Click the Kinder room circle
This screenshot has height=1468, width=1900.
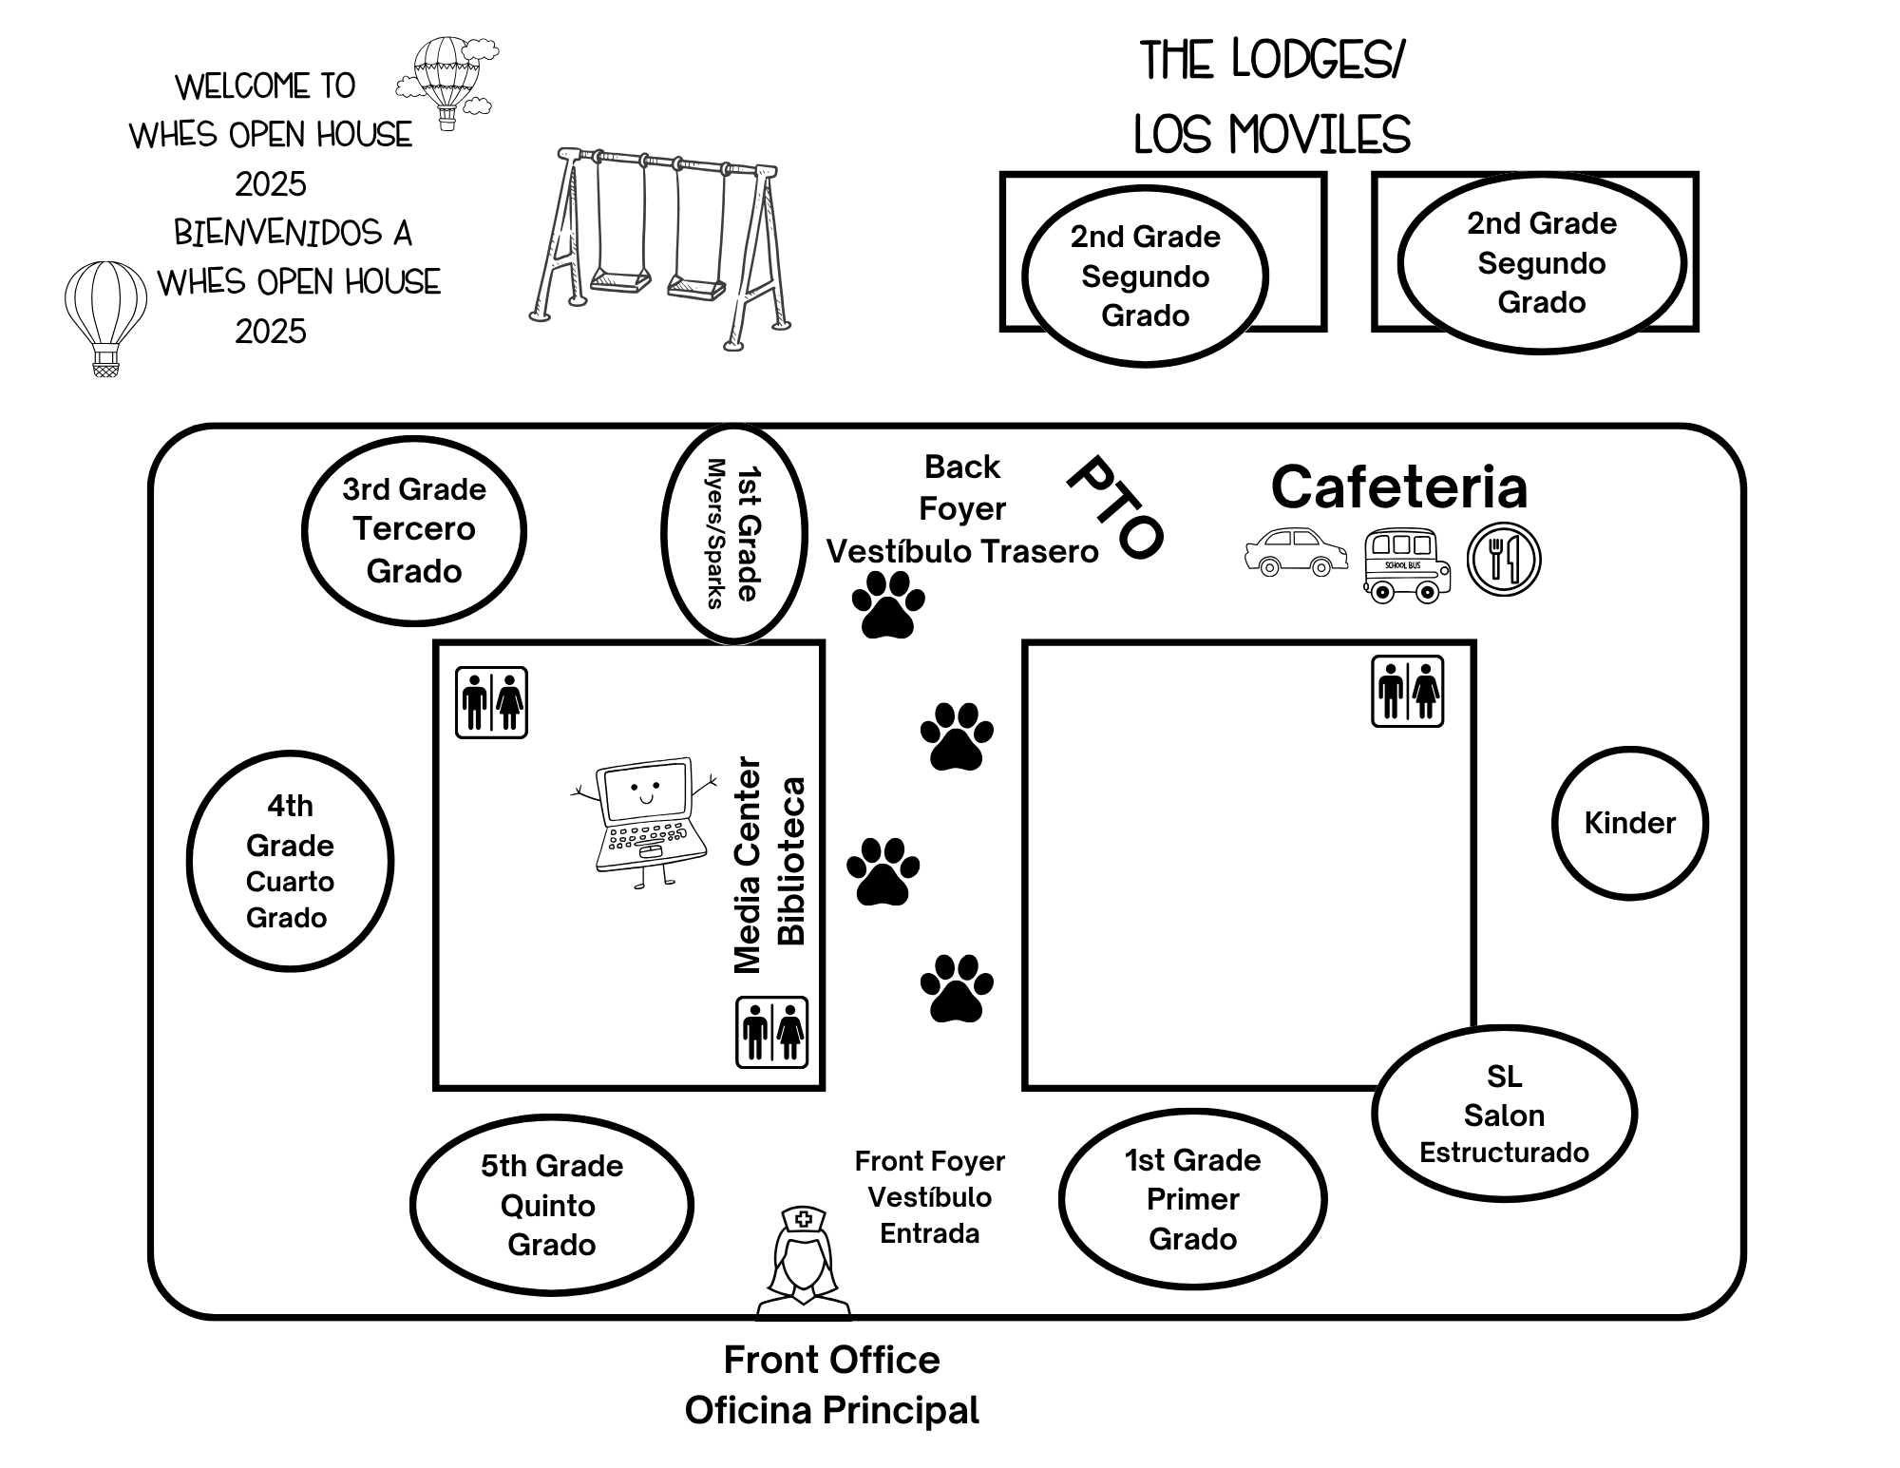(1629, 823)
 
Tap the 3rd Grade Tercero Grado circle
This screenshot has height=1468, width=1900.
(414, 530)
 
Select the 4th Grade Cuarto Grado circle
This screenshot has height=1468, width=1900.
(290, 861)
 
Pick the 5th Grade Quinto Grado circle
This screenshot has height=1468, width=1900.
(551, 1205)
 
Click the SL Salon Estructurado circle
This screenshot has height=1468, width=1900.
(1504, 1114)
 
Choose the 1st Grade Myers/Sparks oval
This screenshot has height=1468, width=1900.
(733, 534)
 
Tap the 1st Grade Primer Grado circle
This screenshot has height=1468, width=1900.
(1192, 1199)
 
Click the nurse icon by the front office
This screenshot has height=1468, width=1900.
(804, 1264)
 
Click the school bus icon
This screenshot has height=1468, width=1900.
(1407, 565)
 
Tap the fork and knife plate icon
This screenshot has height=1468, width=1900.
(1503, 560)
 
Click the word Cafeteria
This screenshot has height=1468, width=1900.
(1398, 487)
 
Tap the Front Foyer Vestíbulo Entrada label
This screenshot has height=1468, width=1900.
(929, 1197)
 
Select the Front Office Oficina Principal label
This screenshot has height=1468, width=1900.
(831, 1385)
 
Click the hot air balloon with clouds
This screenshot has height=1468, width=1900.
(448, 80)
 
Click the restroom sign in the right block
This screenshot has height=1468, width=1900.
(1407, 692)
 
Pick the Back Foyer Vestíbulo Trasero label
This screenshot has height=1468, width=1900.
(961, 509)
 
